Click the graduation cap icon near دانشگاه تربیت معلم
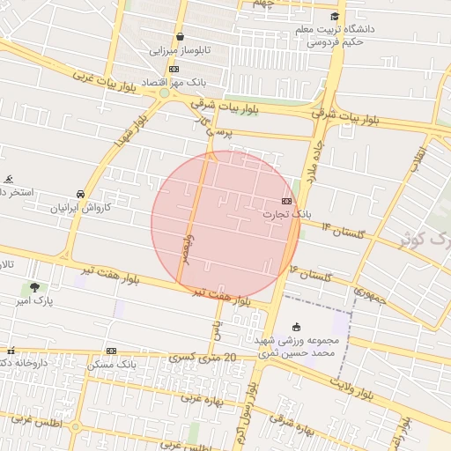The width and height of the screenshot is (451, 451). (x=334, y=17)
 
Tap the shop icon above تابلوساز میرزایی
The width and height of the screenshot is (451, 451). (x=181, y=37)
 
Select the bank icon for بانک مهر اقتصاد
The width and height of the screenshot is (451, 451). (x=174, y=68)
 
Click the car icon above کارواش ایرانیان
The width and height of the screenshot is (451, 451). (x=81, y=194)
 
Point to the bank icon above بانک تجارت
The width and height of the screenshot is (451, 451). (x=287, y=202)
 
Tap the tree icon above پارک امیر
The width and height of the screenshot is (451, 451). (x=34, y=287)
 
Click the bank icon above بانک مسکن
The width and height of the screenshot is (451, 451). (x=111, y=351)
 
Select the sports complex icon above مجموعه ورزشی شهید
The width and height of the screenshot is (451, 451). (x=296, y=327)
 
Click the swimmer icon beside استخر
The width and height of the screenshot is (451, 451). (x=8, y=179)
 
